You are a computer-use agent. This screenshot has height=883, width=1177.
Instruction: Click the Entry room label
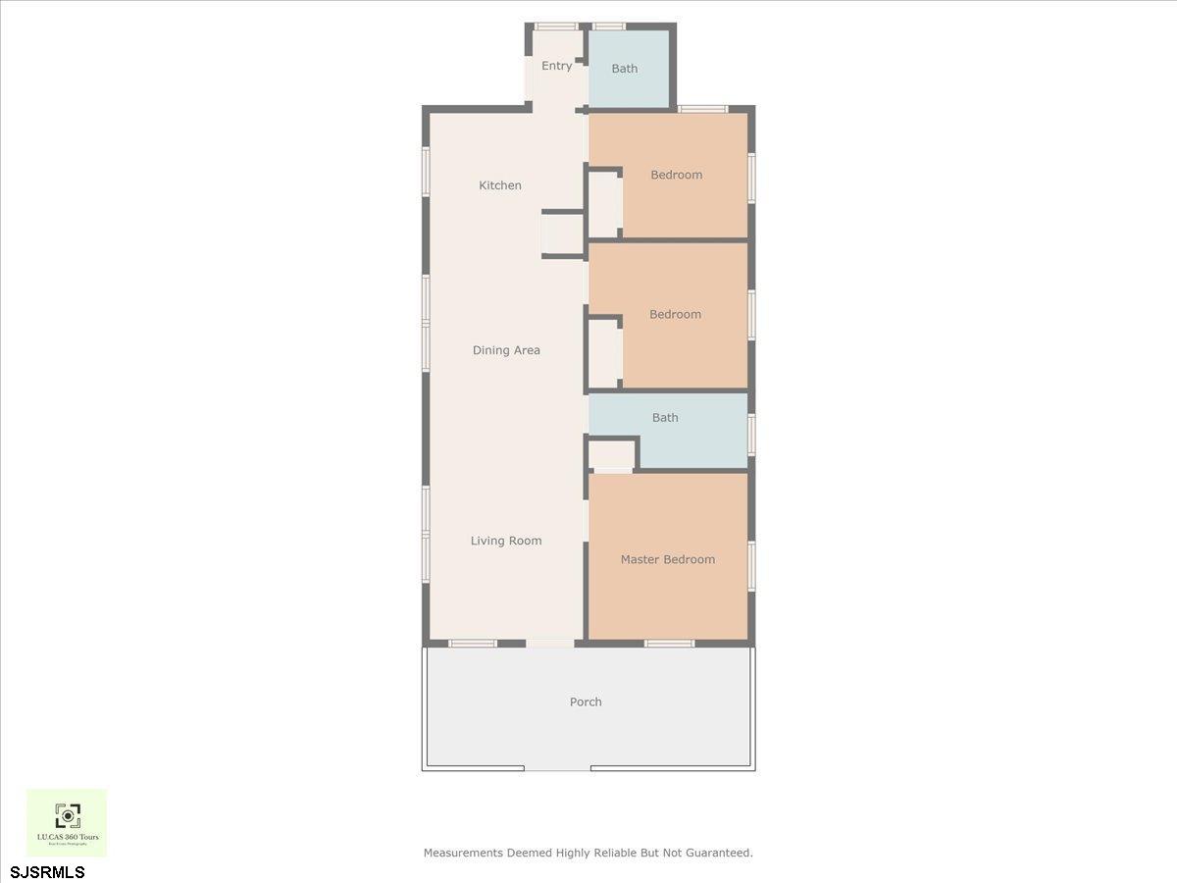(556, 66)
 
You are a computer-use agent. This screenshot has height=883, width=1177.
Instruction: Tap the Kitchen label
(500, 185)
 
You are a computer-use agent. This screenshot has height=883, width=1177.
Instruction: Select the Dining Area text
(506, 350)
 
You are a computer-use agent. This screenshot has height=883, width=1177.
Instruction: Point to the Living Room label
(506, 541)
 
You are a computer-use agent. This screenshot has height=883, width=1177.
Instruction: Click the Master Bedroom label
(668, 559)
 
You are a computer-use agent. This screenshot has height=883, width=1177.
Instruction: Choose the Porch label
(586, 701)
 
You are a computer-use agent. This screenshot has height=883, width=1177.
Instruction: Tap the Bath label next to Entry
(625, 69)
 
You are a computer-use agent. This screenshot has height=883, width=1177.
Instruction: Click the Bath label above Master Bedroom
(665, 417)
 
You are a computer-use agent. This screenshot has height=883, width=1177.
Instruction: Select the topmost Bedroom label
(677, 175)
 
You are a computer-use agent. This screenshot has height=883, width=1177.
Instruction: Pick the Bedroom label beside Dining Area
(676, 314)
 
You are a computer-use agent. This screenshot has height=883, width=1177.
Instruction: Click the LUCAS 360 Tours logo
(67, 822)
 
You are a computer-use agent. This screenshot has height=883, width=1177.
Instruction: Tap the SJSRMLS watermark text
(47, 871)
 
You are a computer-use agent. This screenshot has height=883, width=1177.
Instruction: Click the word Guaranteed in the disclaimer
(719, 853)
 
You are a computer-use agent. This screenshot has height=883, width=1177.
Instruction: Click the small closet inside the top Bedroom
(604, 205)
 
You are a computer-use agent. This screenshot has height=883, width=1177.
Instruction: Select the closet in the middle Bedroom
(604, 352)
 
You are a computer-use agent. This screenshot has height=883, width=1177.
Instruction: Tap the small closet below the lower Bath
(613, 455)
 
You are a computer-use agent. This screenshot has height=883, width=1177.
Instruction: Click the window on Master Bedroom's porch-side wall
(669, 644)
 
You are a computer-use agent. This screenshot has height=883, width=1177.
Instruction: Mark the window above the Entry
(555, 26)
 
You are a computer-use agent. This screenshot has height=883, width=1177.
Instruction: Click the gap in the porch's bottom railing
(557, 768)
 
